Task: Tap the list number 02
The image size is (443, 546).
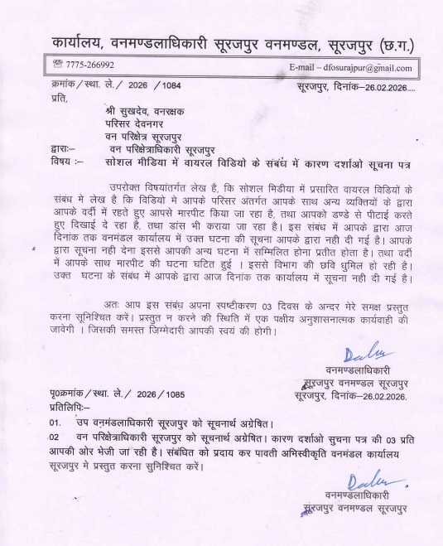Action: tap(55, 435)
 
